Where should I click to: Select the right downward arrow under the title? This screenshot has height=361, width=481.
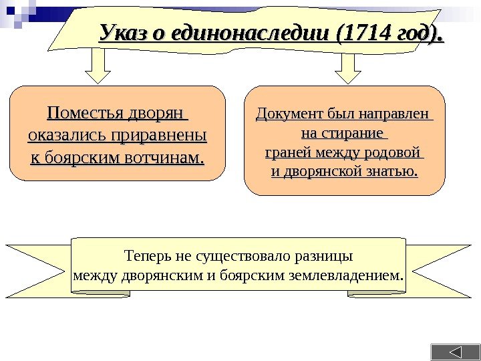[347, 68]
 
